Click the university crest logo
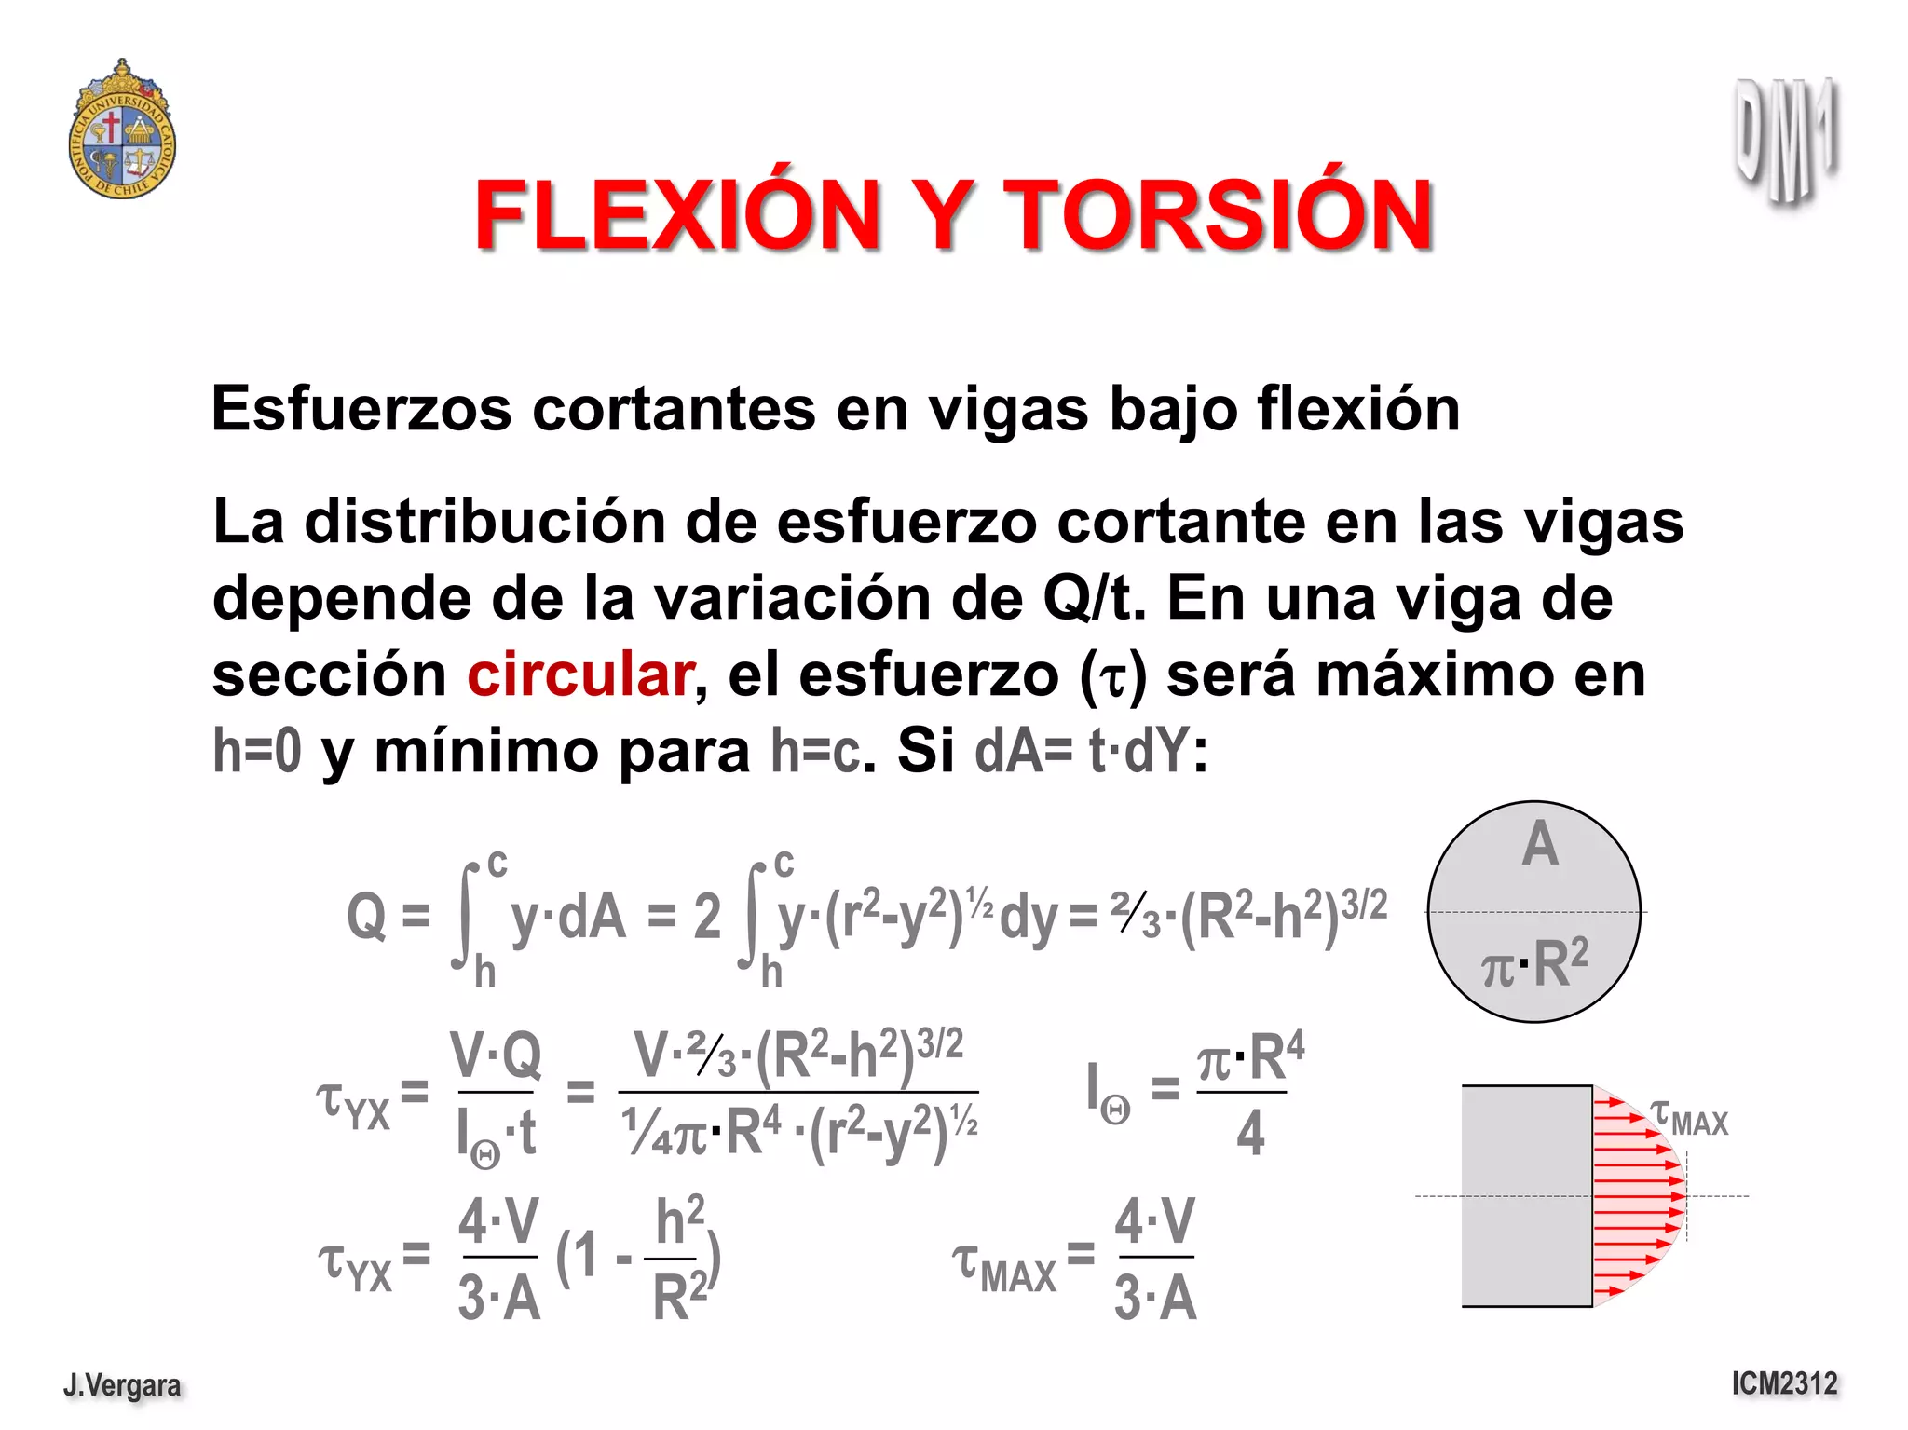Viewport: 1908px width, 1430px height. point(122,130)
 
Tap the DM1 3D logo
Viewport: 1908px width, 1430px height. point(1785,140)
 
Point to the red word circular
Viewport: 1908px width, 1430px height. point(579,674)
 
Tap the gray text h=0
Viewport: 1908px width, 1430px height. point(257,751)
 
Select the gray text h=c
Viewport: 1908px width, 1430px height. point(816,751)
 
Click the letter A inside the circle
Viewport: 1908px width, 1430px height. point(1539,844)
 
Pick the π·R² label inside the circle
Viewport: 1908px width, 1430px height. point(1534,964)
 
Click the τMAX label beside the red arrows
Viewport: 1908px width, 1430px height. point(1689,1118)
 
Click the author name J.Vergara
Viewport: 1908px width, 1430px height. point(122,1385)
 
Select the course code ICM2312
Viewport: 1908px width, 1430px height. point(1784,1383)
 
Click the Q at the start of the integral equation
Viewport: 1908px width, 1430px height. point(366,917)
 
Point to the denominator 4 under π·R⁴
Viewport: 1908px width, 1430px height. point(1249,1133)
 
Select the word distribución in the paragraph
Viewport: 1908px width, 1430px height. point(484,522)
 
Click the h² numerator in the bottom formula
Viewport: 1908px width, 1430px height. point(679,1220)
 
